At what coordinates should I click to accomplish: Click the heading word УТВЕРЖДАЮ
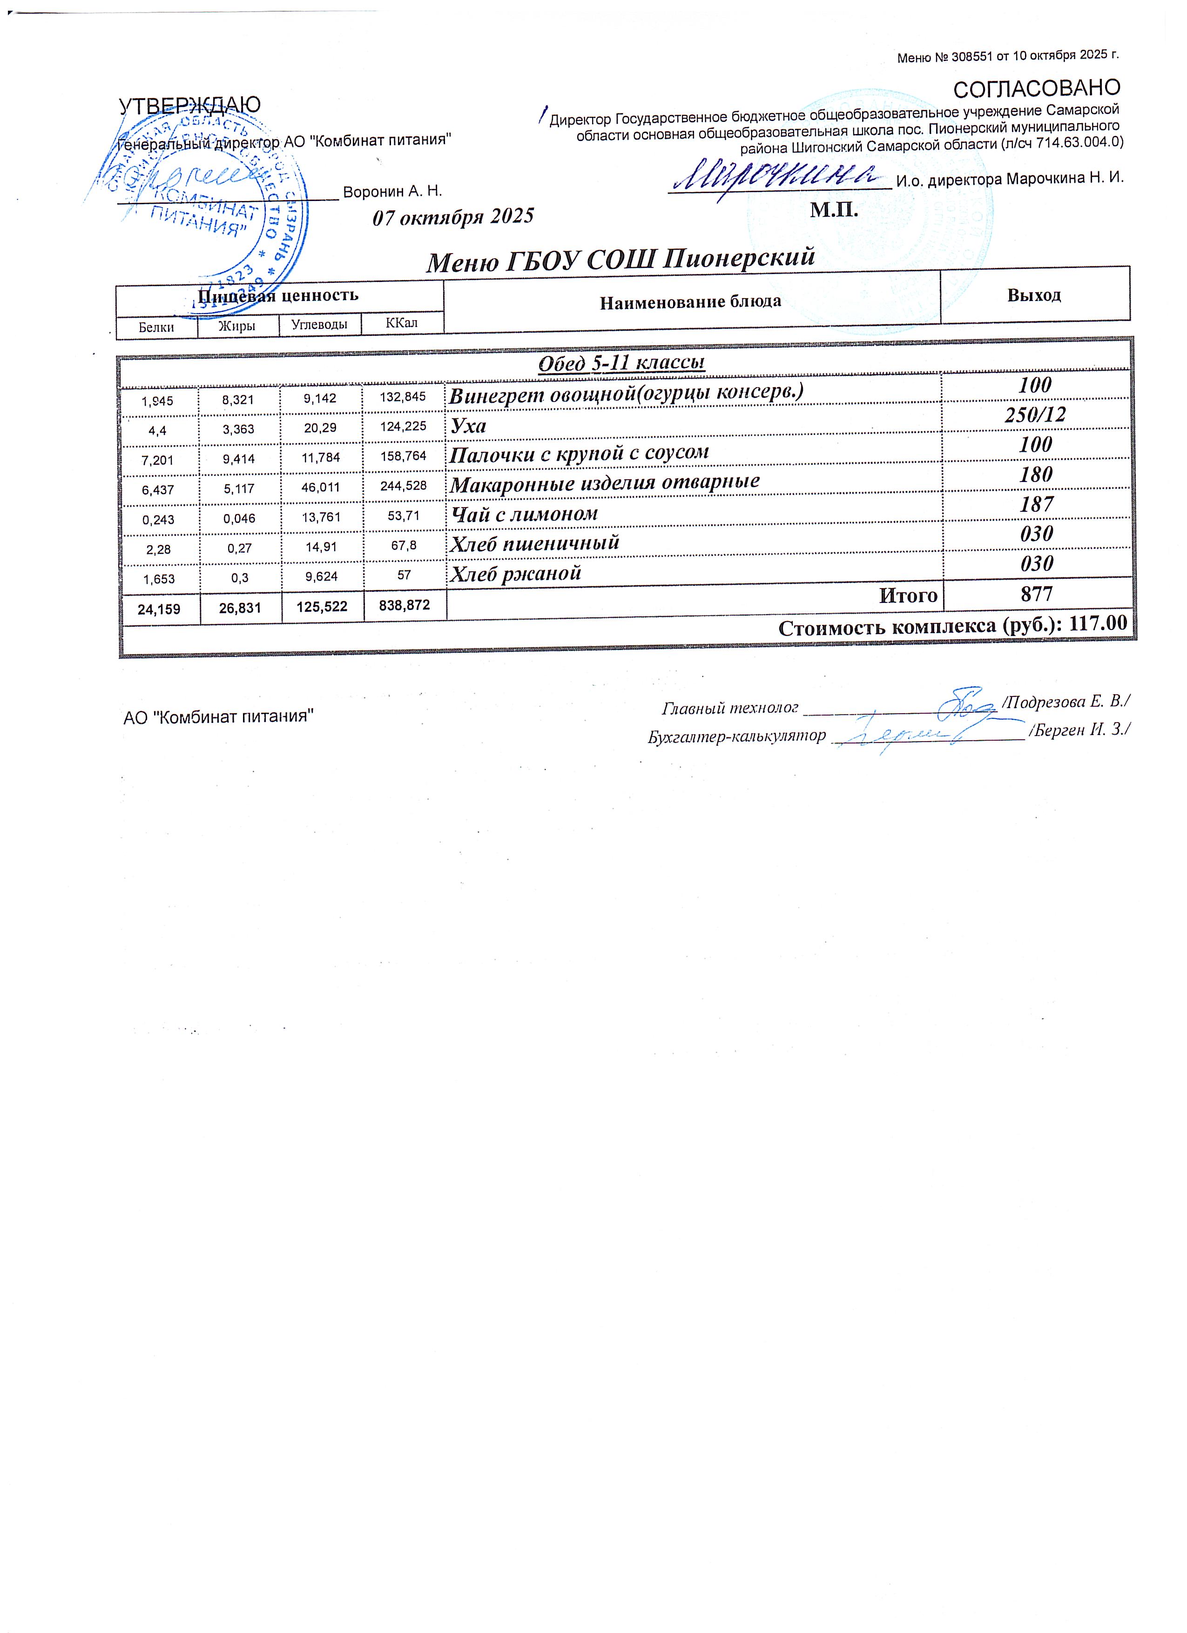tap(189, 105)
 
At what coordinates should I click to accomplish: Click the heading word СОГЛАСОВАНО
tap(1037, 88)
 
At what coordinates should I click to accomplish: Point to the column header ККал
tap(401, 323)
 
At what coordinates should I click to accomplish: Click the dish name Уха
tap(468, 426)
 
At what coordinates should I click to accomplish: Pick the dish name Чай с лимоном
tap(524, 514)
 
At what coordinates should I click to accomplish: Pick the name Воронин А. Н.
tap(392, 192)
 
